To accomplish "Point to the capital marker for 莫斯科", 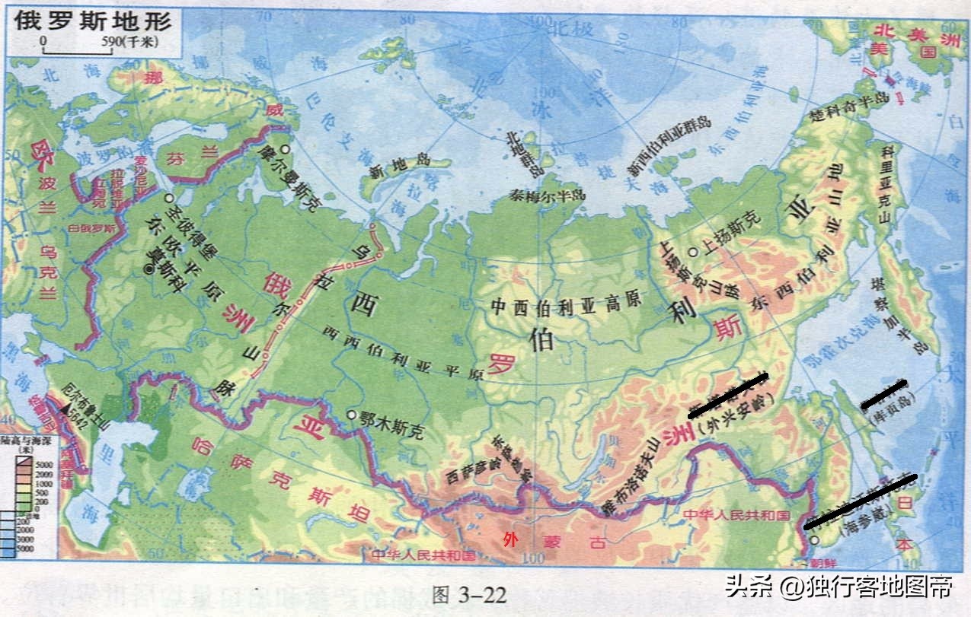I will point(149,269).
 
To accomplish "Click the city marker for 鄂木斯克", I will point(351,415).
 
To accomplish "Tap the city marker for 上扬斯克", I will point(693,252).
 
